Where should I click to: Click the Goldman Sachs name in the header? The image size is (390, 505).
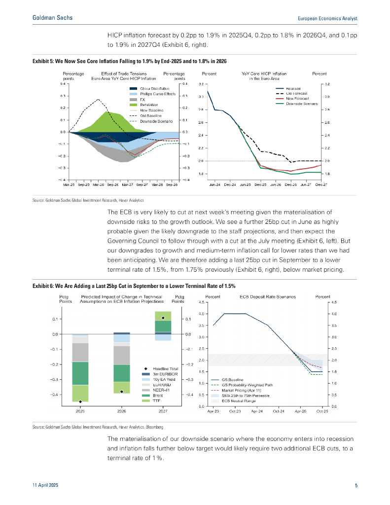pos(52,18)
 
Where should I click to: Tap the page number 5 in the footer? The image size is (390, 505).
pos(356,485)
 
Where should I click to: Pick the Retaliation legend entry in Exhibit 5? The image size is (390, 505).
pos(148,105)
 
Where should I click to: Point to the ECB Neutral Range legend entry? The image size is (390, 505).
pos(239,401)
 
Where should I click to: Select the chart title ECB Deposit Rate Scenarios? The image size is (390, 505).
pos(268,297)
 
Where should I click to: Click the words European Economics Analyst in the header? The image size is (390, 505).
pos(328,18)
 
